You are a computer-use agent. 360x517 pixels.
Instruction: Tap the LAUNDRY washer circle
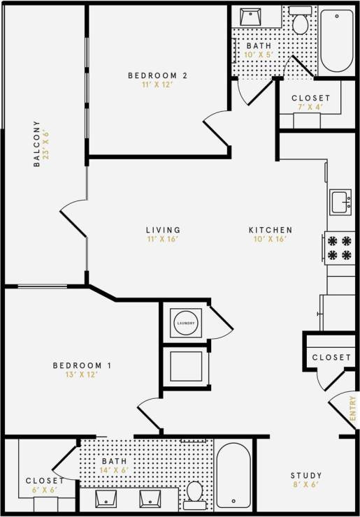[185, 322]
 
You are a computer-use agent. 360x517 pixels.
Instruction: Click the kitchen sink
[340, 202]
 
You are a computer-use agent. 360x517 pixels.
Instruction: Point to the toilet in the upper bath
[301, 23]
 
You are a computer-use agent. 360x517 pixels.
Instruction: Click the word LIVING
[163, 230]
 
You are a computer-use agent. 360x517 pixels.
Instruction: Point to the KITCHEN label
[271, 230]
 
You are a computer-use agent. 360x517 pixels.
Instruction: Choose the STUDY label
[306, 476]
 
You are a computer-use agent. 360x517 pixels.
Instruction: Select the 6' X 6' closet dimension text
[45, 490]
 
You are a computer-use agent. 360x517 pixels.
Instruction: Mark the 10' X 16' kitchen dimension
[271, 240]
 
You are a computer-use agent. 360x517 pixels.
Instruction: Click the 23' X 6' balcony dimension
[47, 144]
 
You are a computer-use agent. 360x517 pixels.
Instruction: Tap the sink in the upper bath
[252, 17]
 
